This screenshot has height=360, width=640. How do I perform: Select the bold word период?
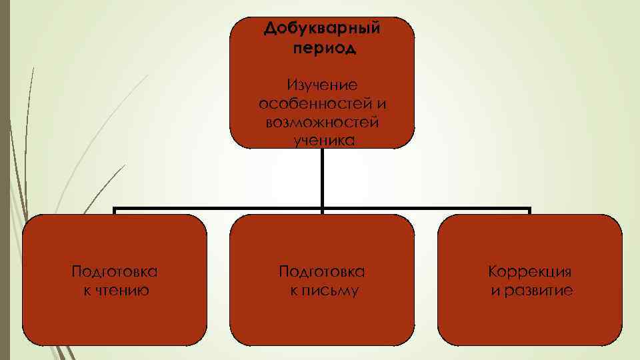[323, 48]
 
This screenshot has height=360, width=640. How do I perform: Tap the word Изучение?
[322, 85]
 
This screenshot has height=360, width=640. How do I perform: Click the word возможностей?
[322, 122]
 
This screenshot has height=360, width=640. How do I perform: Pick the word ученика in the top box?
[323, 139]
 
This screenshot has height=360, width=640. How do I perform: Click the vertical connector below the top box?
[322, 177]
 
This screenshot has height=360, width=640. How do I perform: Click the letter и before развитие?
[495, 291]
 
